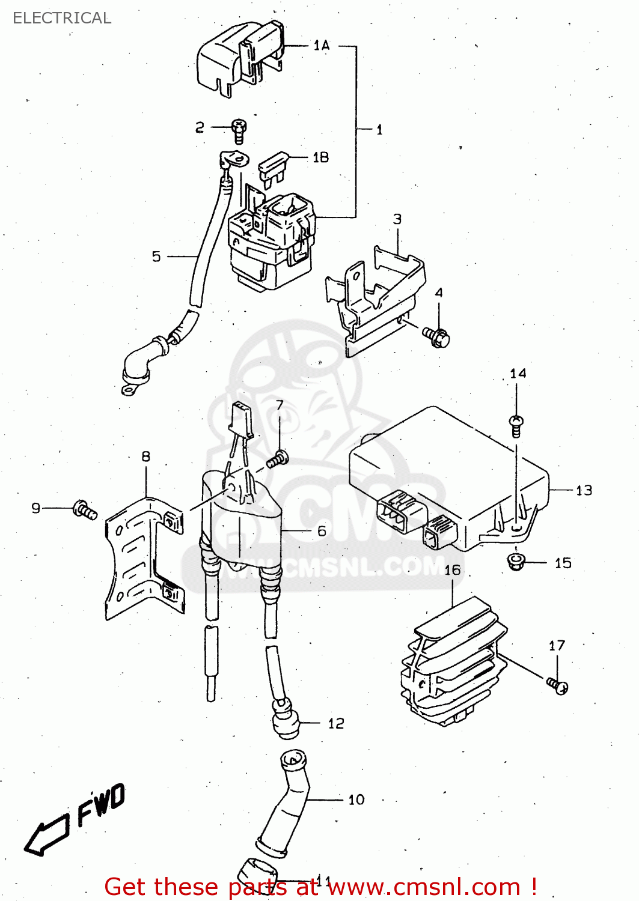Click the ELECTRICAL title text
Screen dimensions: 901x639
pyautogui.click(x=62, y=18)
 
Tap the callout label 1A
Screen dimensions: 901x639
pyautogui.click(x=322, y=45)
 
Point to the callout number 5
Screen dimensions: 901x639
pyautogui.click(x=156, y=256)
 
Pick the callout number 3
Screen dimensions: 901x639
pyautogui.click(x=397, y=219)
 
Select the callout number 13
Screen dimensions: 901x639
pyautogui.click(x=584, y=490)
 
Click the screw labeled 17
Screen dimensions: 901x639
pyautogui.click(x=557, y=685)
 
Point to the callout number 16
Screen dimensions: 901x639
pyautogui.click(x=453, y=569)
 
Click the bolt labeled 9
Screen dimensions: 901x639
pyautogui.click(x=85, y=509)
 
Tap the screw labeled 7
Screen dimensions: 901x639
pyautogui.click(x=278, y=460)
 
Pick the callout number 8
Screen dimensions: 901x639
pyautogui.click(x=145, y=457)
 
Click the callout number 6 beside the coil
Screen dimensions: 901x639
pyautogui.click(x=322, y=531)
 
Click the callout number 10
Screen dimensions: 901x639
pyautogui.click(x=356, y=799)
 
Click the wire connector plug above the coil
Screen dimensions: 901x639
pyautogui.click(x=241, y=419)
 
